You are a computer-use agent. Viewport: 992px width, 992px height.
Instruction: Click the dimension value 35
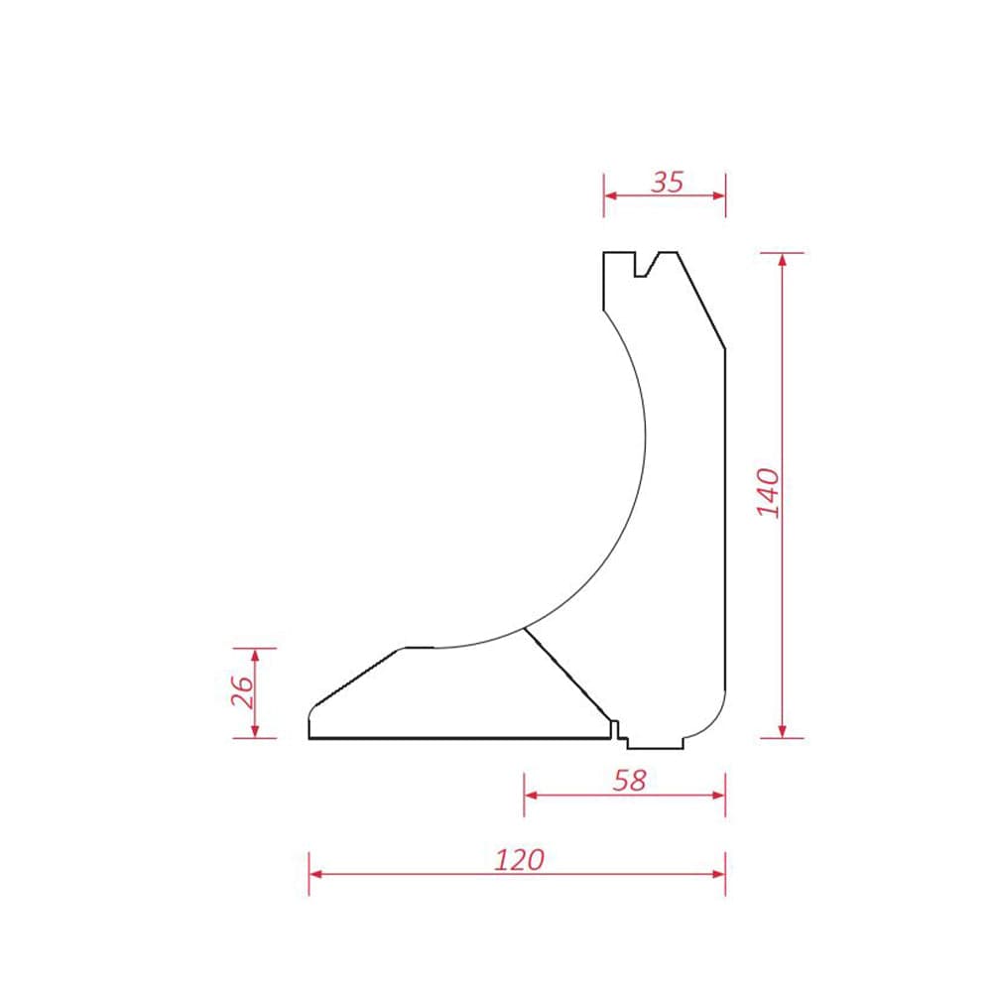coord(668,183)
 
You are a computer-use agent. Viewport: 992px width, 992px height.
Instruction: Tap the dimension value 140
coord(769,493)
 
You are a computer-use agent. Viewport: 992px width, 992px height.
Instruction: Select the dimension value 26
coord(242,691)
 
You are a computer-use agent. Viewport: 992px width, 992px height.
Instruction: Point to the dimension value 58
coord(630,782)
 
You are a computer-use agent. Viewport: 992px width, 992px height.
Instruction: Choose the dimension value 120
coord(519,860)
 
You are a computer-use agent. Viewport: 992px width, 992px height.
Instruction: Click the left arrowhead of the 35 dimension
coord(610,195)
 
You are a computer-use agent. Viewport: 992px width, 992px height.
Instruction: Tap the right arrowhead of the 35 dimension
coord(719,195)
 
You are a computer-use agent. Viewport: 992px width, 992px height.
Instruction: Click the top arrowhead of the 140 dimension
coord(783,259)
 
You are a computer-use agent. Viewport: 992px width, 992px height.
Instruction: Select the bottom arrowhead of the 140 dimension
coord(783,731)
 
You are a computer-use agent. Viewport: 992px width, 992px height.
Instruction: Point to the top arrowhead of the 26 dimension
coord(255,655)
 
